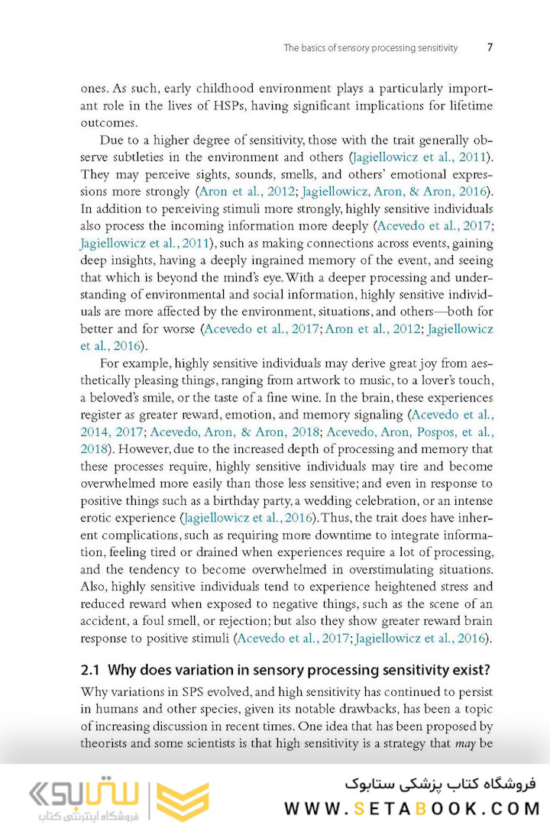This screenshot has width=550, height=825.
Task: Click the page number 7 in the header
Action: click(489, 47)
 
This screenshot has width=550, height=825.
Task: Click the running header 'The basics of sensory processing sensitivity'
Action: click(370, 47)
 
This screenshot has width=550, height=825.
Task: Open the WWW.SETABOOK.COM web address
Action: click(412, 808)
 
